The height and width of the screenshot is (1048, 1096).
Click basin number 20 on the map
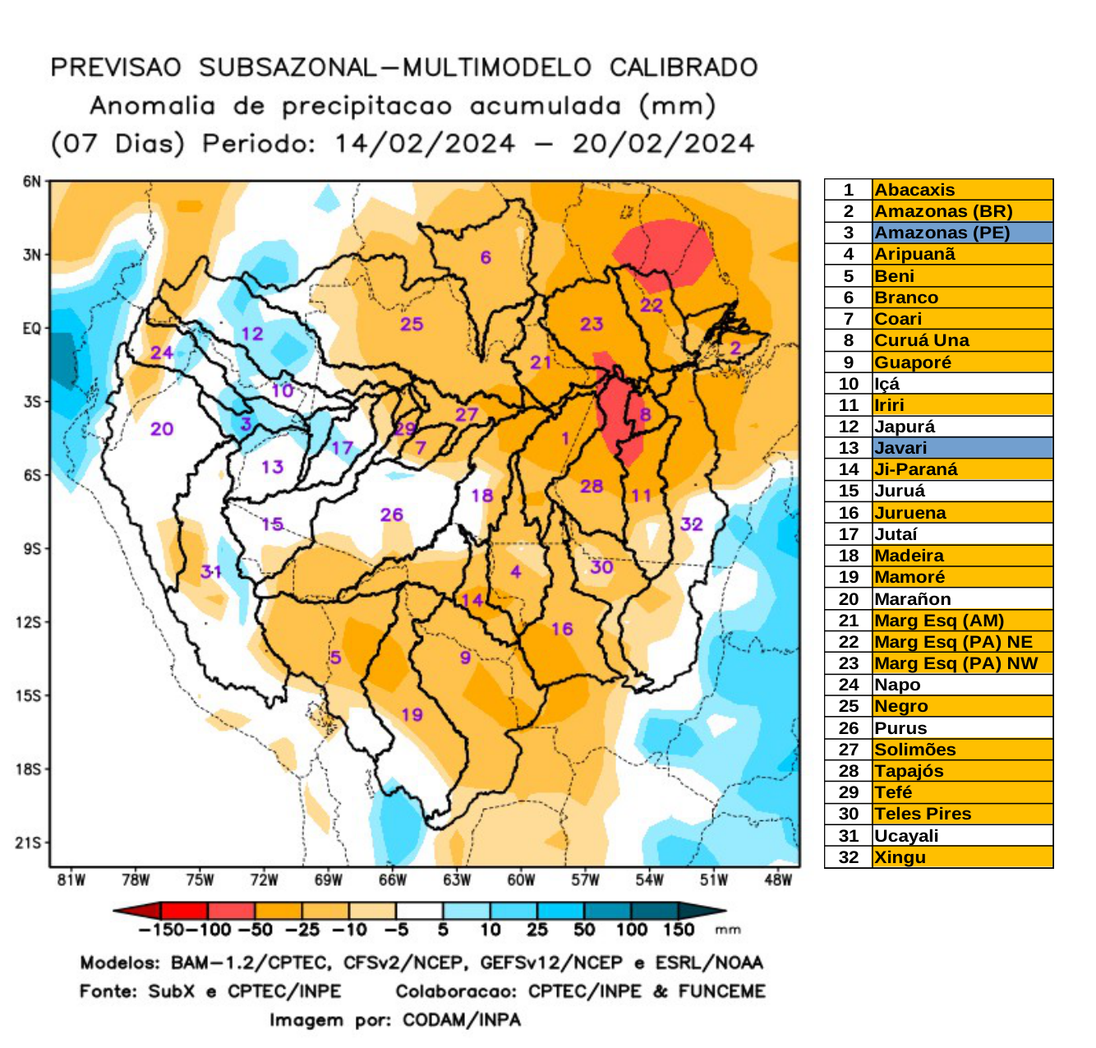point(162,428)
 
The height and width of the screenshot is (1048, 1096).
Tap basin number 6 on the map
point(486,257)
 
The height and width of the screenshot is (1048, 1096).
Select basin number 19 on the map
point(412,714)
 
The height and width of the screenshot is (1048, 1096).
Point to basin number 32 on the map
point(692,524)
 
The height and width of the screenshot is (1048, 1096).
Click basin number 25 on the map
point(412,324)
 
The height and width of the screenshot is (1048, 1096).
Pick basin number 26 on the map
point(391,515)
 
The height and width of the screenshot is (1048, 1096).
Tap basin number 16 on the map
point(562,629)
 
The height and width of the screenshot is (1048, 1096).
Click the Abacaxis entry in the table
point(914,190)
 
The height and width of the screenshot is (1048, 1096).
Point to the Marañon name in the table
point(912,599)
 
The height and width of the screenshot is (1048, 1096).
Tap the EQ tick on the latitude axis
point(31,329)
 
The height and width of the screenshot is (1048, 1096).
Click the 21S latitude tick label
point(28,843)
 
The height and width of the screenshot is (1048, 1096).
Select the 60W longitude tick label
point(521,880)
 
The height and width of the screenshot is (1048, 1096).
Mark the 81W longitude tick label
point(71,880)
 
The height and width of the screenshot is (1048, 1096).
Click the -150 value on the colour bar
point(160,930)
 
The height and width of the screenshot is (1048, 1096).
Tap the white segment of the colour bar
point(419,911)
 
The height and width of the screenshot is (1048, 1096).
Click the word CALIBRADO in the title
point(684,67)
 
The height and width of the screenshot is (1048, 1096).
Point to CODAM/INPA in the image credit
point(461,1020)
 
